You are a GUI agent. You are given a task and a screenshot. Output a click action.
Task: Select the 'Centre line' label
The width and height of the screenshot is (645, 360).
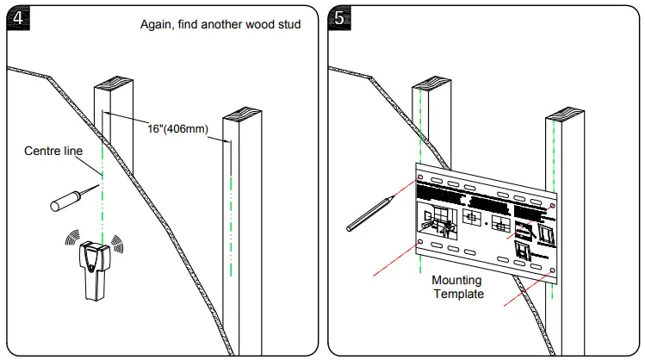tap(53, 152)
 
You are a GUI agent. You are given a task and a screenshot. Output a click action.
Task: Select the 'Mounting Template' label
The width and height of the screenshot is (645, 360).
tap(456, 287)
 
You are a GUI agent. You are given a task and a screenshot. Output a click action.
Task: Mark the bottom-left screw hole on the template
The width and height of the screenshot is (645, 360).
tap(419, 244)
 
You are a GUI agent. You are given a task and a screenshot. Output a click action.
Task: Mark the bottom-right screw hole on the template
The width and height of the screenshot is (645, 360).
tap(552, 270)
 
